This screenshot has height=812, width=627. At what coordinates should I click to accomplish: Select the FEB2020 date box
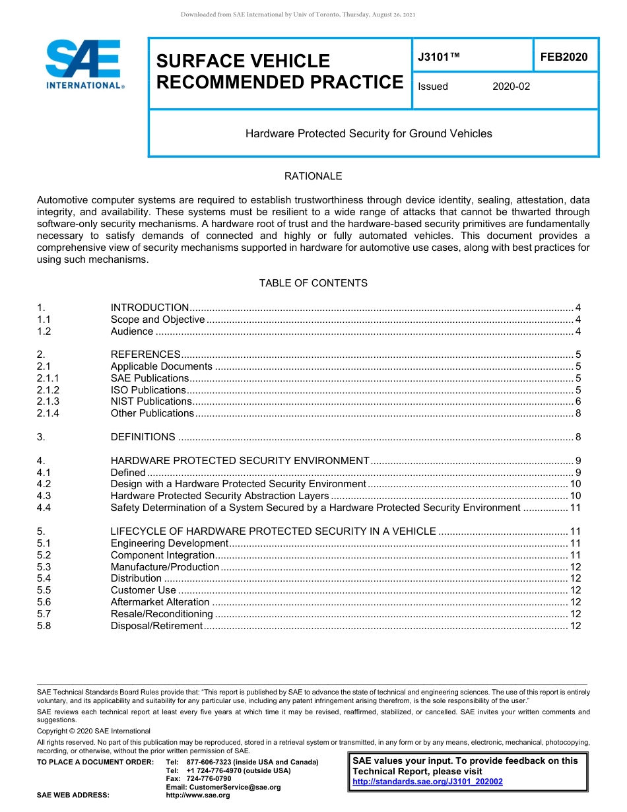(564, 57)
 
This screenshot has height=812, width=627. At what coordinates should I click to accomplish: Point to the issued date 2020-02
(511, 86)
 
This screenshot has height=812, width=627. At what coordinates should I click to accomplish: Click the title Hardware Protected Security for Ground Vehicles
(368, 133)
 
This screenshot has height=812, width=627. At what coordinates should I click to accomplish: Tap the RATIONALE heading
(313, 176)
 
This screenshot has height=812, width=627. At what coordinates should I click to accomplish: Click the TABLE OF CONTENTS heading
(313, 283)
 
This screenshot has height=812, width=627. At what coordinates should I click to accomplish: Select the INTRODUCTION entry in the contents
(150, 308)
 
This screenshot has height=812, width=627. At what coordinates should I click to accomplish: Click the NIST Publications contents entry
(151, 401)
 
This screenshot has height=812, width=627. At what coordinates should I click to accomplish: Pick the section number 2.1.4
(48, 413)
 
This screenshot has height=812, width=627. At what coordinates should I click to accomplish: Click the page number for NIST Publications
(577, 401)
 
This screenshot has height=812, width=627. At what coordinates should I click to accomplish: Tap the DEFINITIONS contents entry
(143, 437)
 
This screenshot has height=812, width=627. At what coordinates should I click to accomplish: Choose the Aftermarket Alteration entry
(160, 602)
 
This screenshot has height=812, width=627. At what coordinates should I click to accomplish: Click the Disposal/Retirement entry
(156, 626)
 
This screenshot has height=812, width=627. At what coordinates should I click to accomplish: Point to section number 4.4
(44, 508)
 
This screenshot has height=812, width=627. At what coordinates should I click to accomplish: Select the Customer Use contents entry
(143, 590)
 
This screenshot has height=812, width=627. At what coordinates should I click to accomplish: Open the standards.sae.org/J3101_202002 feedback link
(428, 782)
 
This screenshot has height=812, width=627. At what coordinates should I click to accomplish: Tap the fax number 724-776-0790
(209, 779)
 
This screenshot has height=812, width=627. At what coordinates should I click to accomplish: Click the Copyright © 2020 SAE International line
(94, 731)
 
